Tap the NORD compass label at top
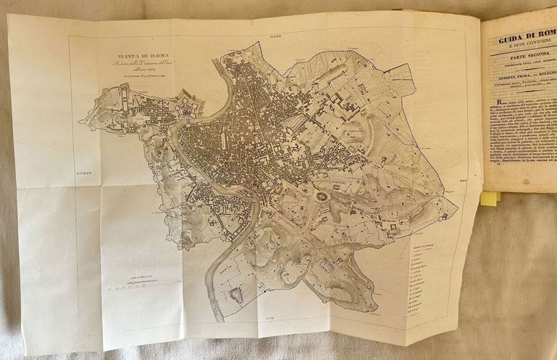click(x=275, y=36)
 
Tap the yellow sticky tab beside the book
click(x=490, y=197)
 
